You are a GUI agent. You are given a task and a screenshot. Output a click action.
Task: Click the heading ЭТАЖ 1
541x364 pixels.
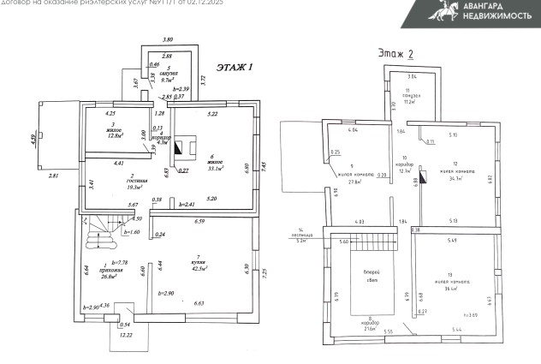(x=235, y=66)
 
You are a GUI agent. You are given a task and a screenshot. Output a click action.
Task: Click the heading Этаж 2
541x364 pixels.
(x=395, y=54)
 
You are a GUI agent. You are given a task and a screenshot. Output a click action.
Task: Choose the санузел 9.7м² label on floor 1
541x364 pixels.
(x=169, y=75)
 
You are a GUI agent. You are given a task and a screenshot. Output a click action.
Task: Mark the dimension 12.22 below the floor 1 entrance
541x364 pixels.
(x=125, y=335)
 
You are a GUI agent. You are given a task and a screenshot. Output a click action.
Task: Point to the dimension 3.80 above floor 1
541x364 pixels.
(x=168, y=40)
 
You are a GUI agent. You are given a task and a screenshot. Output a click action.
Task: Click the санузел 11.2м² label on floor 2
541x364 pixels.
(x=409, y=97)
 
